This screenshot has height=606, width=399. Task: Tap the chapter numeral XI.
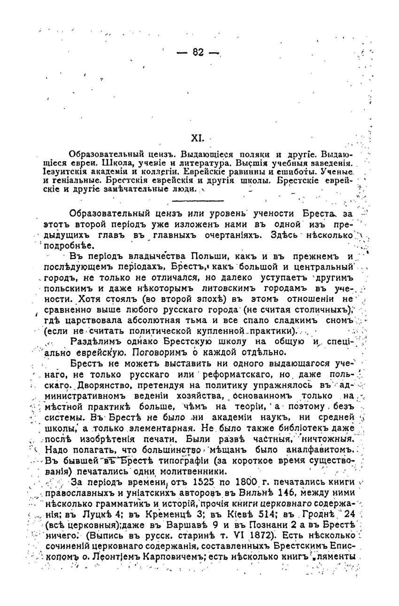coord(196,139)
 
